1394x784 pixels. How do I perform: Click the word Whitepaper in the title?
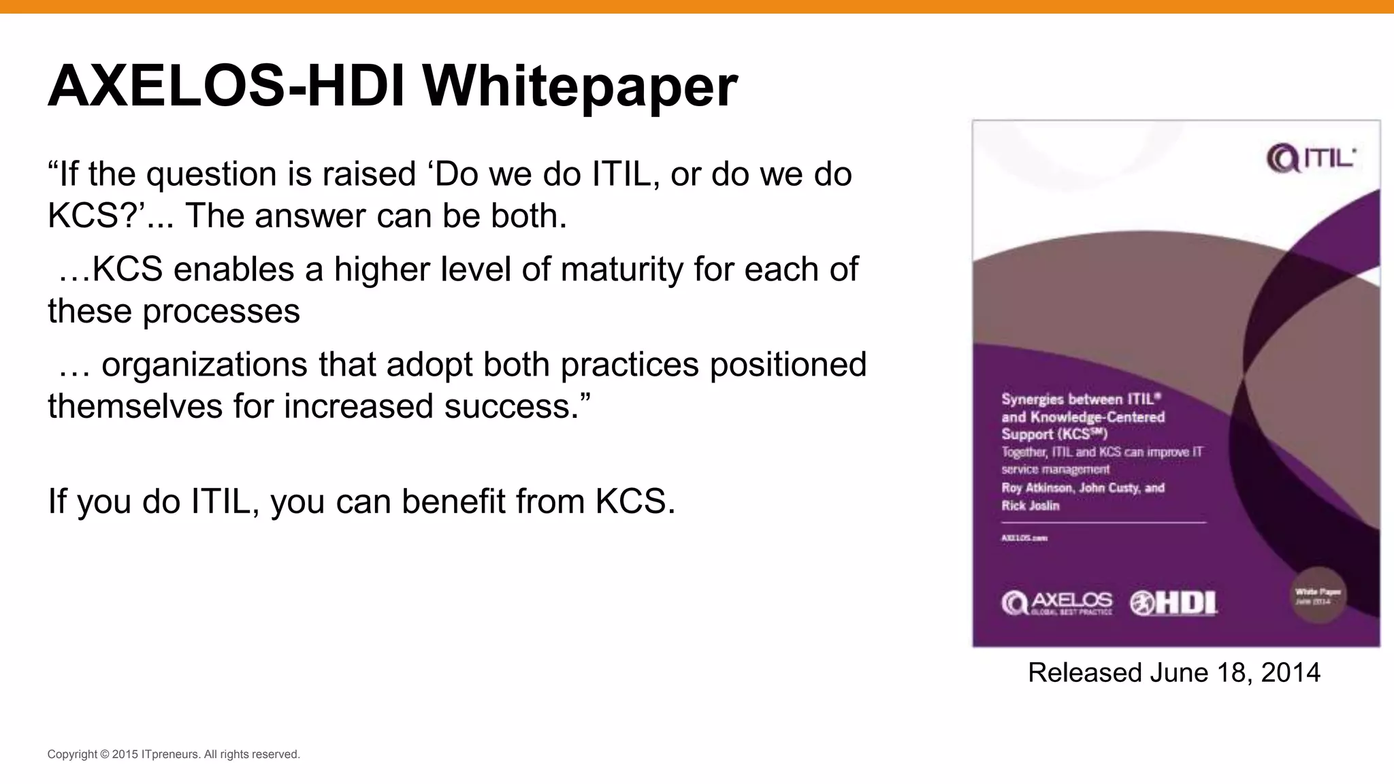click(579, 86)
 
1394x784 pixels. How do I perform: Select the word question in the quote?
click(211, 174)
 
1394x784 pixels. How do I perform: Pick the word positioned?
click(788, 365)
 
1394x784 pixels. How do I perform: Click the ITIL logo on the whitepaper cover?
click(1310, 159)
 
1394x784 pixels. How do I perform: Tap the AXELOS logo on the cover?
click(1056, 603)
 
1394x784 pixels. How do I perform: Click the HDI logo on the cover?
click(1173, 603)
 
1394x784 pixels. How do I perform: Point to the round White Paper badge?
click(1318, 595)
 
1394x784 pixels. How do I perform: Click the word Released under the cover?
click(1084, 672)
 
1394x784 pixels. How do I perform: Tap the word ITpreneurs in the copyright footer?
click(171, 754)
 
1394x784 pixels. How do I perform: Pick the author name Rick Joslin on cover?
click(1030, 506)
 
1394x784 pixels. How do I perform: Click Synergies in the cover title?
click(1031, 399)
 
